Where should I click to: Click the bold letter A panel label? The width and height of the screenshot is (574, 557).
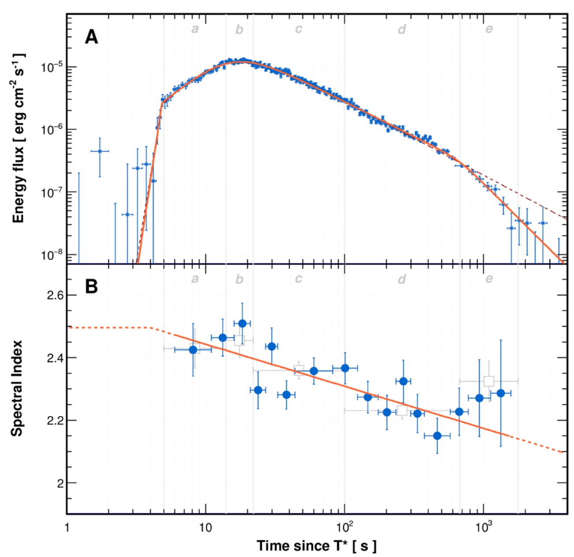click(91, 37)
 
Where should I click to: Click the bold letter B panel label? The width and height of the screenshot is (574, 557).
click(91, 287)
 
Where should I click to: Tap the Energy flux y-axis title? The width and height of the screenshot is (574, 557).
click(19, 138)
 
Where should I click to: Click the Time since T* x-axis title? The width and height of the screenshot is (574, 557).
click(317, 546)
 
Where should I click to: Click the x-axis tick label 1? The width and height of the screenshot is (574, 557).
click(67, 526)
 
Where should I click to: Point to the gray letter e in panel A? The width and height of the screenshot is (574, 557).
click(489, 30)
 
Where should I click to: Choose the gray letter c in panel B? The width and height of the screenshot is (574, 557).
click(299, 279)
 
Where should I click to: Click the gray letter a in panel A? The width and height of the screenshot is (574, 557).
click(195, 30)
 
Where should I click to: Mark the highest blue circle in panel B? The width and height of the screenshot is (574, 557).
click(242, 324)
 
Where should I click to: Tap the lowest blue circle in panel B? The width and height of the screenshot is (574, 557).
click(437, 436)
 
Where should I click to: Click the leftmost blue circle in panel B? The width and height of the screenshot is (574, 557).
click(193, 350)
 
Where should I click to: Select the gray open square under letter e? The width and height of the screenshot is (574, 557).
click(489, 381)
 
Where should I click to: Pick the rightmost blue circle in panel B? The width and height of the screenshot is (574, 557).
click(500, 393)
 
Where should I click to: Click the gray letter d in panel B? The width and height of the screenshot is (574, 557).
click(402, 279)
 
